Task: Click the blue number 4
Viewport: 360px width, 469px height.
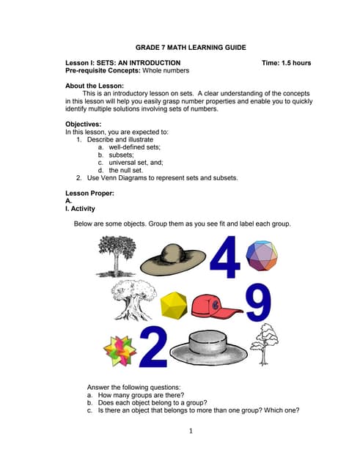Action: click(x=225, y=259)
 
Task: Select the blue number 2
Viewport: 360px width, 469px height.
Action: click(x=153, y=347)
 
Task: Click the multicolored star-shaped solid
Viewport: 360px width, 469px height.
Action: click(x=120, y=350)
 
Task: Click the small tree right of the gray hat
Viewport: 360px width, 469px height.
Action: click(x=264, y=343)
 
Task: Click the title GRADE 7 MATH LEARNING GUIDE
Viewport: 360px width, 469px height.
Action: click(x=180, y=48)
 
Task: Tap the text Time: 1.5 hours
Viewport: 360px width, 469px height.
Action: click(x=286, y=63)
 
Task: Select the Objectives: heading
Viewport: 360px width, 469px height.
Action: click(x=83, y=124)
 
